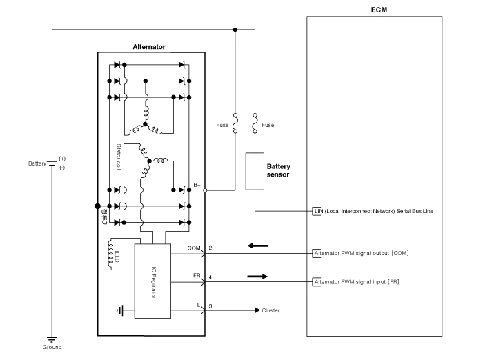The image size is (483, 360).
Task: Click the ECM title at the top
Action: click(379, 10)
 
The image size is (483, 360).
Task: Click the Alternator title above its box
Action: click(148, 47)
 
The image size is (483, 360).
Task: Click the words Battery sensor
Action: click(278, 170)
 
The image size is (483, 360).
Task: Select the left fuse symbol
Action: click(235, 123)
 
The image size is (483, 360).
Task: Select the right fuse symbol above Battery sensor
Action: click(255, 123)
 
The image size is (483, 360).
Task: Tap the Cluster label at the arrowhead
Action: click(270, 310)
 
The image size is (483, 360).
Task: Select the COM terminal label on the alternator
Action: click(194, 247)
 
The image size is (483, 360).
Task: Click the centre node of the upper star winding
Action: click(146, 125)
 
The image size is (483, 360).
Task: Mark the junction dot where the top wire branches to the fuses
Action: click(235, 30)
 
